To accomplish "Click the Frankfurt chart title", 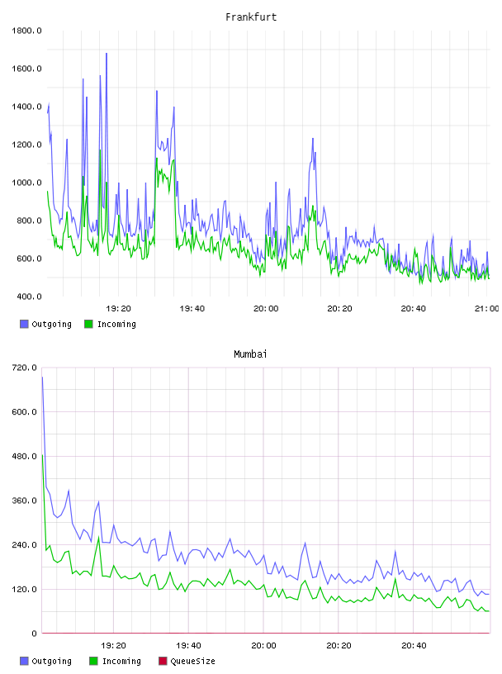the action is [251, 17].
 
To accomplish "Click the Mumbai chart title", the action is [250, 354].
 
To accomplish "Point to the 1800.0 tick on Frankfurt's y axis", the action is [26, 31].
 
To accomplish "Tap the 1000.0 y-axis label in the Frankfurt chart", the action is [26, 183].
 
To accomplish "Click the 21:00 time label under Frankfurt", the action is [486, 308].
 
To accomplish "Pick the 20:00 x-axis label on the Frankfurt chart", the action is [266, 308].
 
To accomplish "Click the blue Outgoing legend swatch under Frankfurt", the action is [24, 324].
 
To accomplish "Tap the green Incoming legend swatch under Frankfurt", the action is [88, 324].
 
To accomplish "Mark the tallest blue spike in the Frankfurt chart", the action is [107, 54].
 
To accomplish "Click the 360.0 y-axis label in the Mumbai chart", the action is [24, 501].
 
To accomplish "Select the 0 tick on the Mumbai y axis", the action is [34, 634].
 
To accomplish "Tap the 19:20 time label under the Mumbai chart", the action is [113, 645].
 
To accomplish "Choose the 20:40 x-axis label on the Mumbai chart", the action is [414, 645].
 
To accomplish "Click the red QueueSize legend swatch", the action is [163, 661].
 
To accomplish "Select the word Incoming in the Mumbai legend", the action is [121, 661].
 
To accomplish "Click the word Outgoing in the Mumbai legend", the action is [51, 661].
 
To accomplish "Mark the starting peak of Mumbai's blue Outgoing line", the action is [43, 377].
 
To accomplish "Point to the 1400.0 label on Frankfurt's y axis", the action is [26, 107].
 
